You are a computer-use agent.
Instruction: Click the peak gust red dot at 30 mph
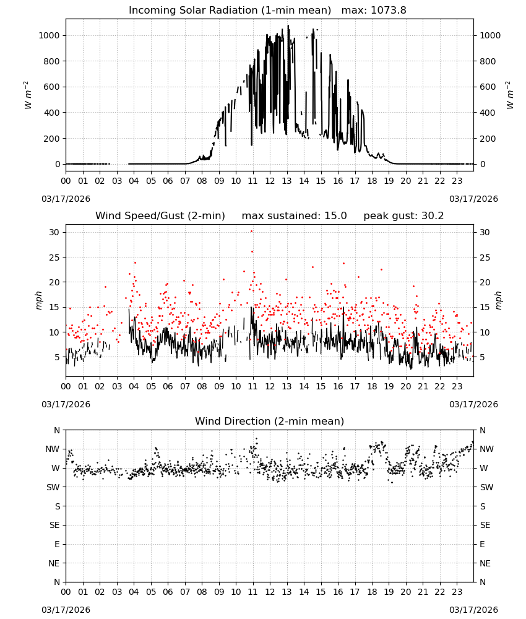(251, 232)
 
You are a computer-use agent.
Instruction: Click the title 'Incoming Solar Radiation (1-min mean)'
(230, 11)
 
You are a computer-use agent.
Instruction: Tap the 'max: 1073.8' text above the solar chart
(374, 11)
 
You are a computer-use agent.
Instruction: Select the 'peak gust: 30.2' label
(403, 216)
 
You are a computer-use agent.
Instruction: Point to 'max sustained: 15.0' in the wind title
(294, 216)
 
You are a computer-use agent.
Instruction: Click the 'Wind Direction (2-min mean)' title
(270, 421)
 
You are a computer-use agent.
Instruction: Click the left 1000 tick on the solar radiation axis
(49, 35)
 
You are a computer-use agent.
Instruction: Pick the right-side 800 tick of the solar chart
(488, 61)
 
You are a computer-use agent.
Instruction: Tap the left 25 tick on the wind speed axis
(54, 258)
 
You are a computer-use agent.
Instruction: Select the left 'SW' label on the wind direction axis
(53, 487)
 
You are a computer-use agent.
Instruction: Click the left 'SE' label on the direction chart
(54, 525)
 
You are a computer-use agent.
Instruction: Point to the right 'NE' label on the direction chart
(485, 563)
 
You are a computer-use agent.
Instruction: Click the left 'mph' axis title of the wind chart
(38, 300)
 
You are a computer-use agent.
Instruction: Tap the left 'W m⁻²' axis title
(27, 95)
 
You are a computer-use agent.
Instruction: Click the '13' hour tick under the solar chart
(287, 181)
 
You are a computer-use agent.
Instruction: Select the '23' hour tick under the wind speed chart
(457, 386)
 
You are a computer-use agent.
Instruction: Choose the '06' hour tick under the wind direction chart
(168, 592)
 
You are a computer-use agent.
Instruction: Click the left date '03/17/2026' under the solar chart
(66, 199)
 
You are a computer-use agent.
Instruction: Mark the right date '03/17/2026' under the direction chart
(473, 610)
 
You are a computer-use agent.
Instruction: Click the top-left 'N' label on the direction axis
(57, 430)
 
